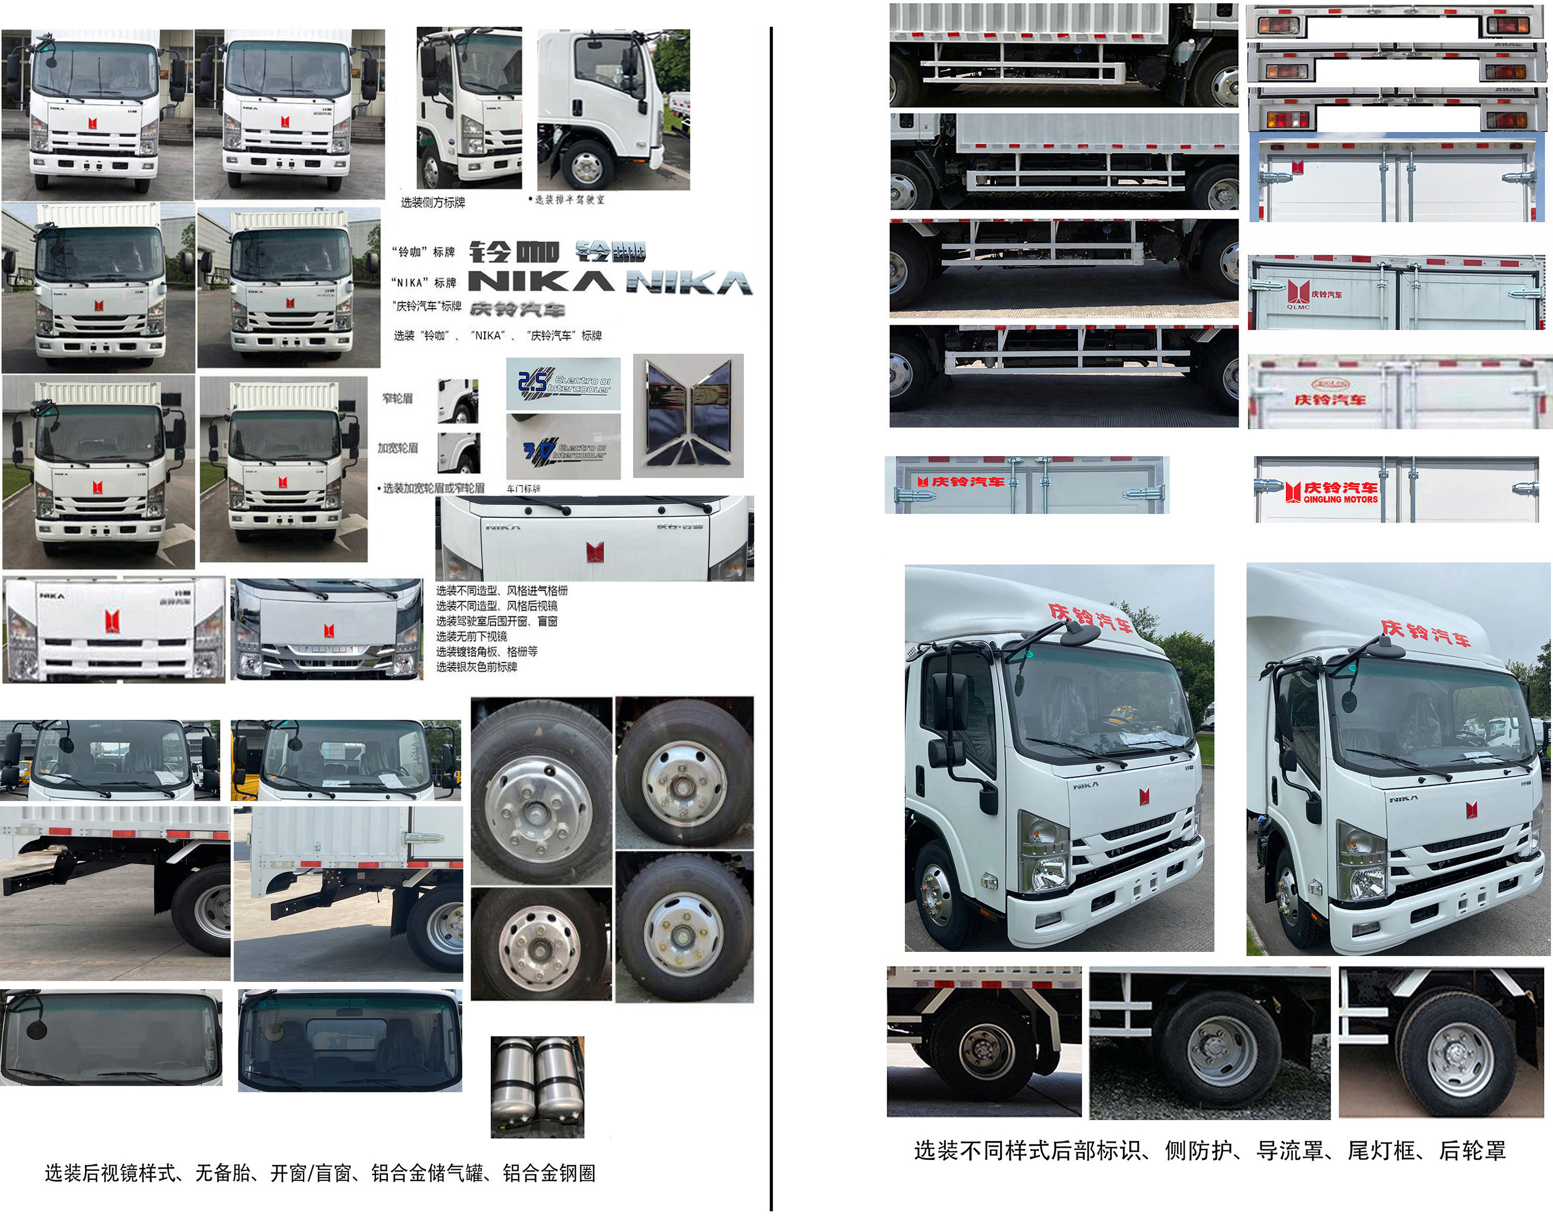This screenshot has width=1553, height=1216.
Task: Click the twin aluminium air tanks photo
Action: [537, 1087]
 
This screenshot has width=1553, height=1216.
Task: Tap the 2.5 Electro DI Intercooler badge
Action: [563, 384]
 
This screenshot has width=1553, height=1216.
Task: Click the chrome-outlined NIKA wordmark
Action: [689, 283]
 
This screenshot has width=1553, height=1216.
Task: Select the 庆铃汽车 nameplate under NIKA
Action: [517, 309]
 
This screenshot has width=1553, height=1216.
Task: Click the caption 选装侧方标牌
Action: [433, 203]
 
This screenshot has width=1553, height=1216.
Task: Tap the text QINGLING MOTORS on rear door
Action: [1340, 500]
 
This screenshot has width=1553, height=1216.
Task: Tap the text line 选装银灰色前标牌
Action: [476, 667]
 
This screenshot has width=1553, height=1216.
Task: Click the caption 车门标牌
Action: [523, 489]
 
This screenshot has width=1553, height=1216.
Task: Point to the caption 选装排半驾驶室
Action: [568, 200]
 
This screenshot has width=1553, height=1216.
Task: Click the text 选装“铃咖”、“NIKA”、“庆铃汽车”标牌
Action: [497, 335]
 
